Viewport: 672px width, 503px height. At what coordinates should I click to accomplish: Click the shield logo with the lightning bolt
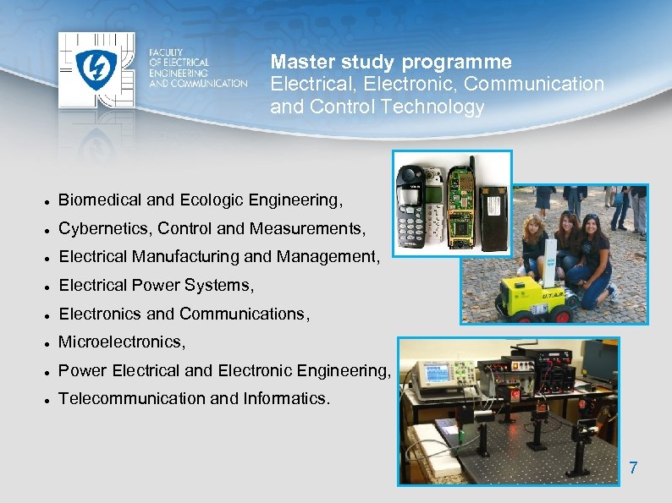click(96, 71)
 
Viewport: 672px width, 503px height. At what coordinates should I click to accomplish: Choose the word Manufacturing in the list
click(185, 256)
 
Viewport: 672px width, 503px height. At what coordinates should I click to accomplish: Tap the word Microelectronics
click(121, 342)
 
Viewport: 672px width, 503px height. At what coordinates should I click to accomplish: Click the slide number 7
click(633, 467)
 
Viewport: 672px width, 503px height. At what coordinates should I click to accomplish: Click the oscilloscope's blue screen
click(434, 373)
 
